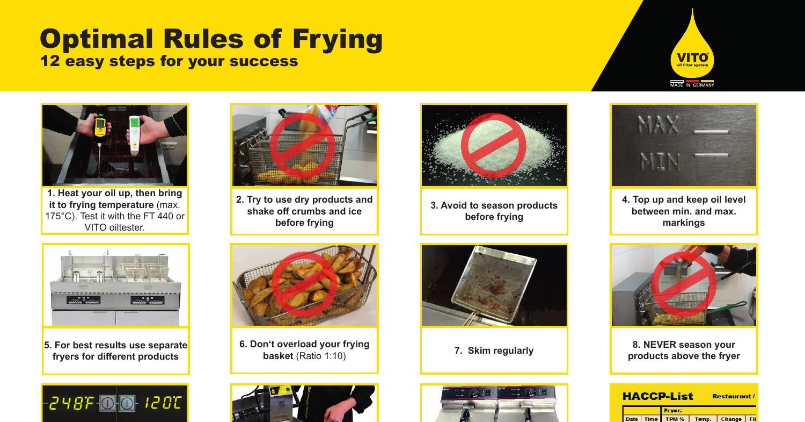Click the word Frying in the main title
[x=338, y=39]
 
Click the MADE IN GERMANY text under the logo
[x=692, y=85]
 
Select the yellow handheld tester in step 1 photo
[x=100, y=127]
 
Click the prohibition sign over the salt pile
[x=494, y=145]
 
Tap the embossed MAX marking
[x=658, y=126]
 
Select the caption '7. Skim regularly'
[x=494, y=351]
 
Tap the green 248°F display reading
[x=71, y=403]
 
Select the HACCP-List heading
[x=657, y=397]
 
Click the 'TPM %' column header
[x=675, y=419]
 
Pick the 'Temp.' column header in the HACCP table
[x=702, y=419]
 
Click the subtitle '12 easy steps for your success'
[x=169, y=61]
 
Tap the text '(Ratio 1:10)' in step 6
[x=321, y=356]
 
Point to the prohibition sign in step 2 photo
[x=303, y=146]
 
